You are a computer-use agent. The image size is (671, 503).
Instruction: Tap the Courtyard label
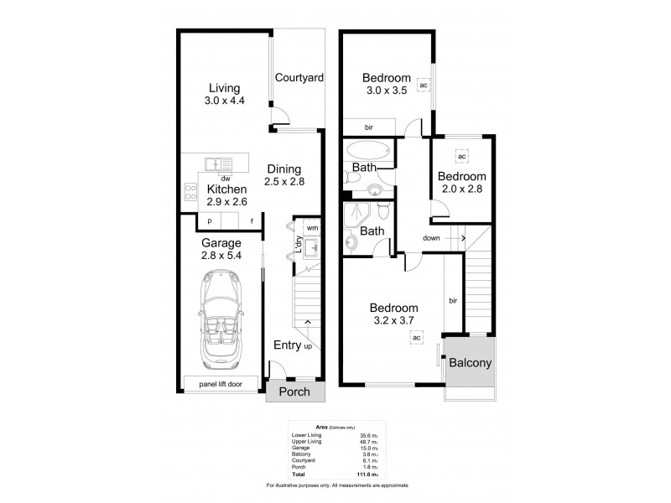coord(299,78)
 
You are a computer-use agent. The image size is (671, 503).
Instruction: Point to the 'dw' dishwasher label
coord(225,178)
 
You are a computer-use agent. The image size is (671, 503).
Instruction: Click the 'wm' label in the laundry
coord(311,227)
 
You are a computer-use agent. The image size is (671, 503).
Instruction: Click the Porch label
coord(294,392)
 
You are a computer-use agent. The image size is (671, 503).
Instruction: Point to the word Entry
coord(288,345)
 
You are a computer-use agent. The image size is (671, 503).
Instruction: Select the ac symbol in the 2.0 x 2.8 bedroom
coord(460,156)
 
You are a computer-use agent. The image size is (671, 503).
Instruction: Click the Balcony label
coord(470,364)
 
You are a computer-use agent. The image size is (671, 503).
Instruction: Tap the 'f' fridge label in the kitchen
coord(252,220)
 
